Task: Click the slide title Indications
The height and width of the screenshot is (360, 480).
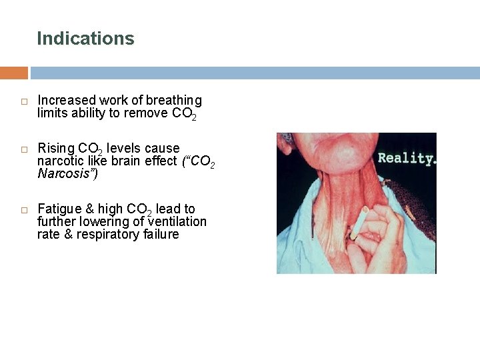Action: pyautogui.click(x=85, y=39)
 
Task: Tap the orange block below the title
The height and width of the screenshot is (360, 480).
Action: pyautogui.click(x=14, y=73)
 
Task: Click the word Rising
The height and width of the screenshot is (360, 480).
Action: pyautogui.click(x=56, y=148)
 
